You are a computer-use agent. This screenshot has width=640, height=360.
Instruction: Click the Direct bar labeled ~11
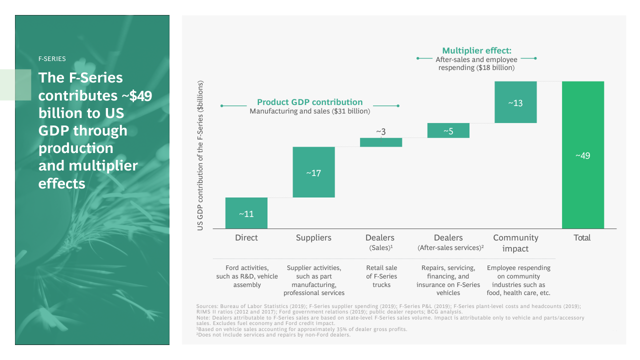pyautogui.click(x=246, y=213)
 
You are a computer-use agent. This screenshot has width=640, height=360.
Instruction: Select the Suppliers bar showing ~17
pyautogui.click(x=313, y=172)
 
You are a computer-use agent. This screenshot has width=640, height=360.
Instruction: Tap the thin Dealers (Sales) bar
pyautogui.click(x=381, y=142)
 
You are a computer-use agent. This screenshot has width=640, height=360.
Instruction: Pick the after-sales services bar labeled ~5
pyautogui.click(x=448, y=130)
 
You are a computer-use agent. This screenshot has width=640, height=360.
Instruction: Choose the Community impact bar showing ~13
pyautogui.click(x=515, y=102)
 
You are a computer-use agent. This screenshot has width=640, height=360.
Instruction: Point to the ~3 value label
pyautogui.click(x=381, y=132)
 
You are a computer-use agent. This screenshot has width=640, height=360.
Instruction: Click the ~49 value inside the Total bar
pyautogui.click(x=582, y=155)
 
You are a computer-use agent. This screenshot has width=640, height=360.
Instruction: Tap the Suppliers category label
pyautogui.click(x=313, y=237)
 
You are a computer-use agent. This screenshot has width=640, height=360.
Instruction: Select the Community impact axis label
pyautogui.click(x=515, y=243)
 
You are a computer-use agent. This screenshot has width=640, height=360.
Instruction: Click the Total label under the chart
pyautogui.click(x=582, y=237)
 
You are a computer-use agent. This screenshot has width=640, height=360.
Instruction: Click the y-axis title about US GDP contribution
pyautogui.click(x=200, y=155)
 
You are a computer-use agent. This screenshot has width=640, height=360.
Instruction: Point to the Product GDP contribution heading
pyautogui.click(x=310, y=102)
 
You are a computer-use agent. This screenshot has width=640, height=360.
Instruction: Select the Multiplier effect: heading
pyautogui.click(x=476, y=50)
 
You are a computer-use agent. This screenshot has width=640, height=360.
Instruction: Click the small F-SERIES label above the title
pyautogui.click(x=52, y=58)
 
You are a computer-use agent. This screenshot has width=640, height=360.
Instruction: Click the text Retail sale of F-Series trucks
pyautogui.click(x=381, y=276)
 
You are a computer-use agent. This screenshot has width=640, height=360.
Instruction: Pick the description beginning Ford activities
pyautogui.click(x=247, y=276)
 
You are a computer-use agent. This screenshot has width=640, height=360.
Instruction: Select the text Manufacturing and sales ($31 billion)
pyautogui.click(x=310, y=111)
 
